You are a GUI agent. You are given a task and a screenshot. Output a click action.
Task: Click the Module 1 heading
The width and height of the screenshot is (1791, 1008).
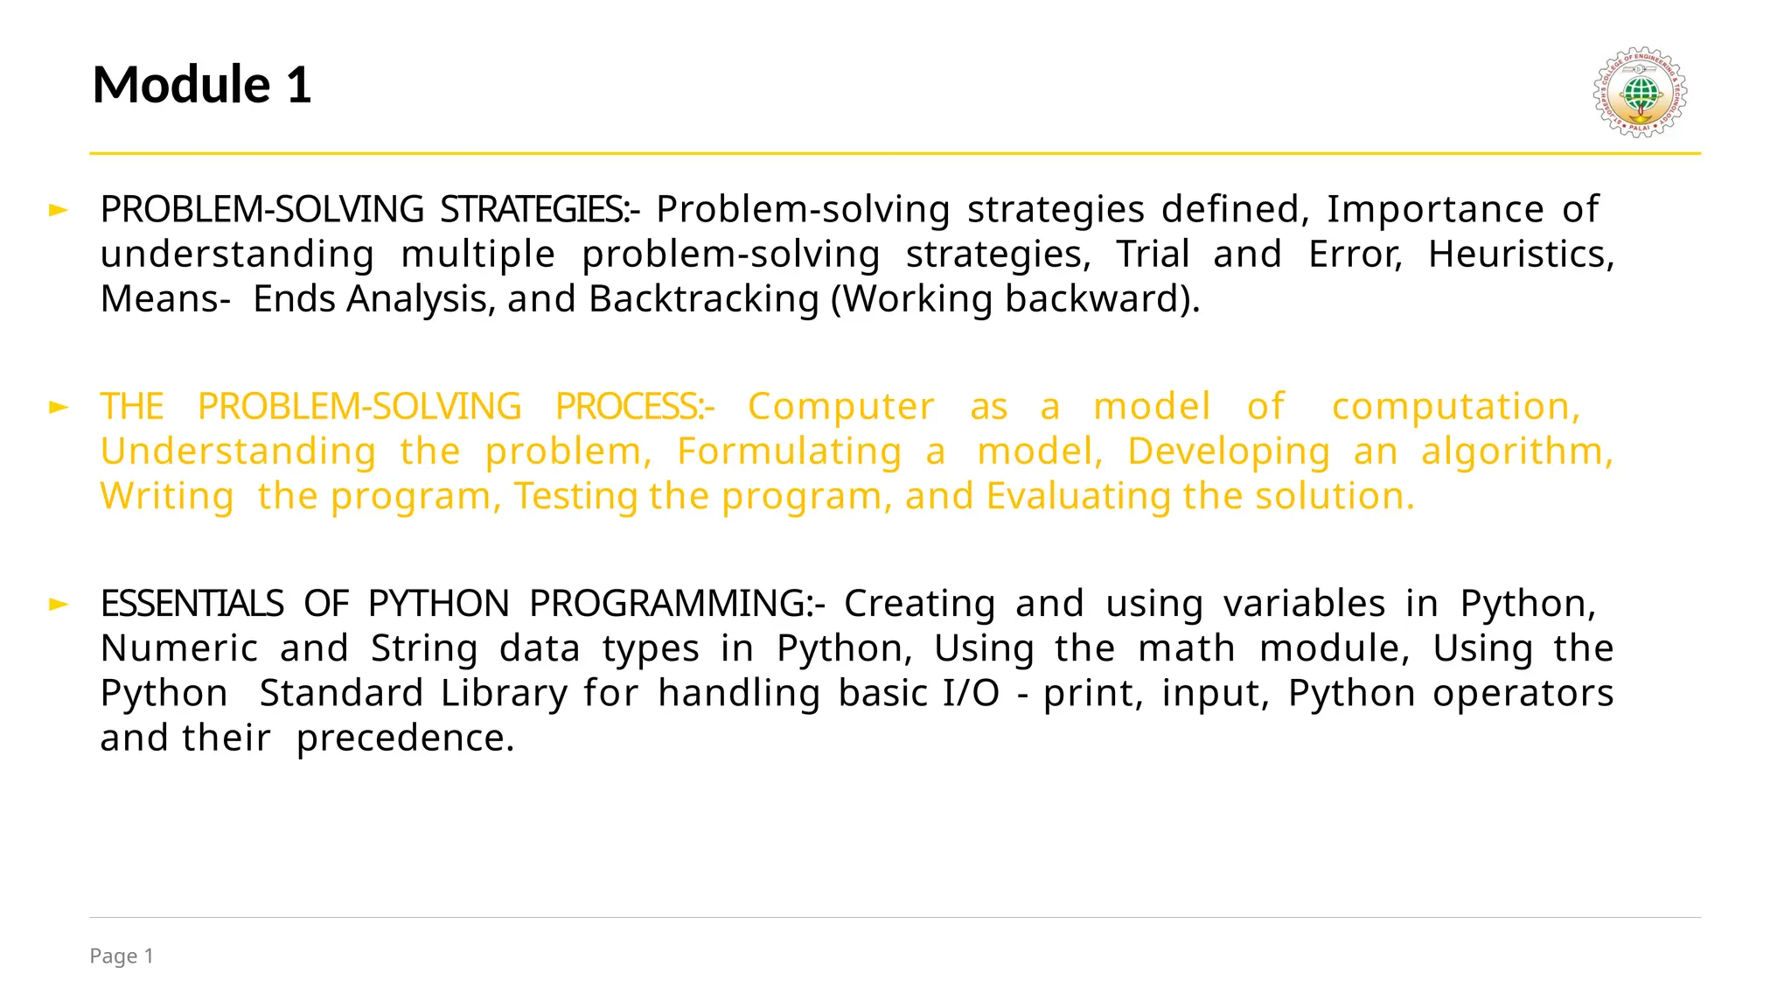pyautogui.click(x=202, y=85)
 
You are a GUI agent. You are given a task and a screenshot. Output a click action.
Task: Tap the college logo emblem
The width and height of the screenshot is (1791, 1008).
pyautogui.click(x=1640, y=92)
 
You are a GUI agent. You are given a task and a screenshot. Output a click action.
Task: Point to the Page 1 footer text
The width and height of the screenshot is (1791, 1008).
pyautogui.click(x=122, y=956)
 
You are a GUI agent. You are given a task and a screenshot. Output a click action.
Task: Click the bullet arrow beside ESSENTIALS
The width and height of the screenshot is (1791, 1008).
pyautogui.click(x=59, y=604)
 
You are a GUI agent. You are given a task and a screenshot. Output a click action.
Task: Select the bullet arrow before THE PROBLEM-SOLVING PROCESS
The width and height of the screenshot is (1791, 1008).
pyautogui.click(x=59, y=407)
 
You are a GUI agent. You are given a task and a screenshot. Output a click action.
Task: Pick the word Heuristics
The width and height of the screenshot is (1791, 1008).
pyautogui.click(x=1520, y=255)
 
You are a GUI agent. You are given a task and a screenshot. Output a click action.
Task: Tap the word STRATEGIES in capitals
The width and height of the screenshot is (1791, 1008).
pyautogui.click(x=533, y=210)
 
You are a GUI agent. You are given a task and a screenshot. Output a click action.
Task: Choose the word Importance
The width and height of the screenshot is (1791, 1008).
pyautogui.click(x=1435, y=210)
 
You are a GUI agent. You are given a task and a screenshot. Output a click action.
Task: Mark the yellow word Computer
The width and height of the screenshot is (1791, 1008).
pyautogui.click(x=840, y=407)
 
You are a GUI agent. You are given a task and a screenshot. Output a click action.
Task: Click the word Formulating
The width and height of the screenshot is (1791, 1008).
pyautogui.click(x=789, y=451)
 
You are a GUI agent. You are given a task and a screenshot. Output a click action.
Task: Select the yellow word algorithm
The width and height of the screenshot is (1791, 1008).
pyautogui.click(x=1516, y=451)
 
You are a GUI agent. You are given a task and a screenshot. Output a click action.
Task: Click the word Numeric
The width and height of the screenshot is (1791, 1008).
pyautogui.click(x=179, y=648)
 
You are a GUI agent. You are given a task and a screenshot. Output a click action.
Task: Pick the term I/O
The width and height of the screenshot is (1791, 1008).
pyautogui.click(x=971, y=693)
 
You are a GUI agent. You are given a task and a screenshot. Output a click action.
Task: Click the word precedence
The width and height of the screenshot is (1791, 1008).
pyautogui.click(x=405, y=738)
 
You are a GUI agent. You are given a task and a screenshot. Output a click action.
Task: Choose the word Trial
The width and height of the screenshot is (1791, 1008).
pyautogui.click(x=1153, y=255)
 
